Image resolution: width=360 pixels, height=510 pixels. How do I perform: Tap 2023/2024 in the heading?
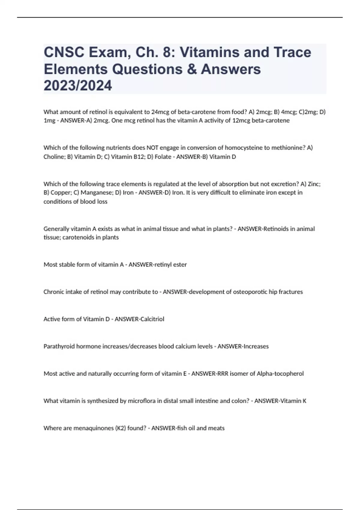click(78, 85)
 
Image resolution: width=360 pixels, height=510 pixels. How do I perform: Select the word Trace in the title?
click(292, 52)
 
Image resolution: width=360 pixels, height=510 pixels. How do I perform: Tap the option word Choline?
click(54, 157)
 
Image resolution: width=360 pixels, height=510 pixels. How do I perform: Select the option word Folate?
click(163, 157)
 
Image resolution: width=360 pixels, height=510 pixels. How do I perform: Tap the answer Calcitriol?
click(152, 319)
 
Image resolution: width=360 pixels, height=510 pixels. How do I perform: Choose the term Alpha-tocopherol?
click(280, 374)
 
